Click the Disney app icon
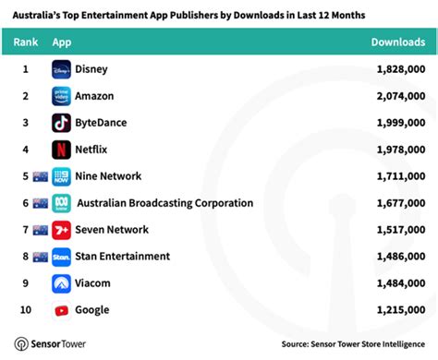click(62, 69)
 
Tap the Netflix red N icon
click(62, 150)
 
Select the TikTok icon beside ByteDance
click(62, 123)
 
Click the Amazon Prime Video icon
click(62, 96)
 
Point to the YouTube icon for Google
click(62, 310)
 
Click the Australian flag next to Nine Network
click(40, 176)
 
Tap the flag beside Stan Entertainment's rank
click(40, 257)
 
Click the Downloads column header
click(397, 42)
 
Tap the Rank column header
click(26, 42)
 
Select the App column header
click(63, 42)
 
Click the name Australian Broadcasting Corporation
click(164, 203)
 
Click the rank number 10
click(26, 310)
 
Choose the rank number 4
click(26, 150)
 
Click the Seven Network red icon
click(62, 230)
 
